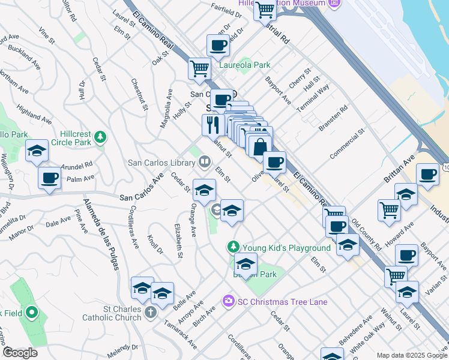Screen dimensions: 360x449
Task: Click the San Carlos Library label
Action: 161,163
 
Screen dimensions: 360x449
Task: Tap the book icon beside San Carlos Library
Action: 205,162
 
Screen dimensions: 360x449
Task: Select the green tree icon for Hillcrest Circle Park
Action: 101,137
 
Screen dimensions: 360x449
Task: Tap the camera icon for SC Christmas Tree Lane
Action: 228,301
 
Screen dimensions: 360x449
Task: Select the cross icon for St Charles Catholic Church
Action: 150,313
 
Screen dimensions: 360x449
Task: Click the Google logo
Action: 20,352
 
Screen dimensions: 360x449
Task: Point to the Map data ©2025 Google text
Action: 411,355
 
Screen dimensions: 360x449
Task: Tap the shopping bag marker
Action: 261,146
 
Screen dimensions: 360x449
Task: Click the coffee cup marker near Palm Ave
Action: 49,178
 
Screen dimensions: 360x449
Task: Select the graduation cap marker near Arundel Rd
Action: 37,151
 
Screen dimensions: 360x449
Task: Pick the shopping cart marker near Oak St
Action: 199,68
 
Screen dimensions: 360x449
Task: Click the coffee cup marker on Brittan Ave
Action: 427,175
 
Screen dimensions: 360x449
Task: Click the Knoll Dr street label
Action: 155,244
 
